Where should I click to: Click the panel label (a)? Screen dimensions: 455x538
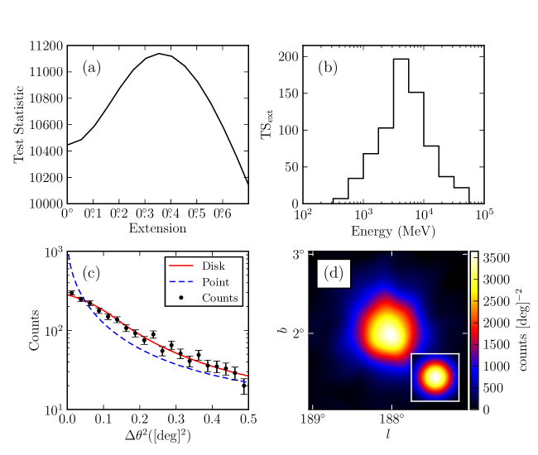click(91, 68)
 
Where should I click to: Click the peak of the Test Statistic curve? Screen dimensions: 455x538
click(161, 54)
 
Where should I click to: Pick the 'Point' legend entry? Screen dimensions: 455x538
click(216, 282)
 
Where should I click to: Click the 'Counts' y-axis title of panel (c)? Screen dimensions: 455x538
click(35, 331)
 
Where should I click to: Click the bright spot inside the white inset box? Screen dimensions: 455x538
click(435, 377)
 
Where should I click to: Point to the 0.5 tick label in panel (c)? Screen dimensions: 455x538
click(245, 420)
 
